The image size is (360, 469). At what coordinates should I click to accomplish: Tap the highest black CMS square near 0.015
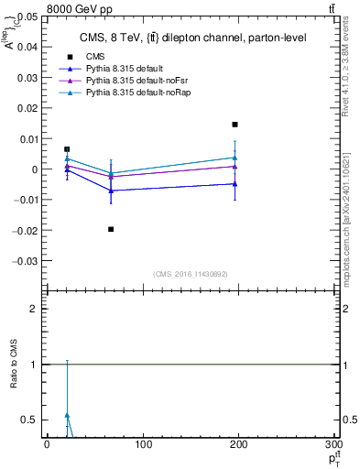(x=235, y=125)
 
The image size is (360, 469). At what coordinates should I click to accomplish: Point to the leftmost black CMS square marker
(x=67, y=149)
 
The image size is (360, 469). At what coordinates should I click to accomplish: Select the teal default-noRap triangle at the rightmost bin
(x=235, y=158)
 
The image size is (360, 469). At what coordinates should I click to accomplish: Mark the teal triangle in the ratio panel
(x=67, y=415)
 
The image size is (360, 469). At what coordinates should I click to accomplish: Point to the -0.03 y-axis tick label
(x=25, y=260)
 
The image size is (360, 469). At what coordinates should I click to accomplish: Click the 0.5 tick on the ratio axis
(x=30, y=420)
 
